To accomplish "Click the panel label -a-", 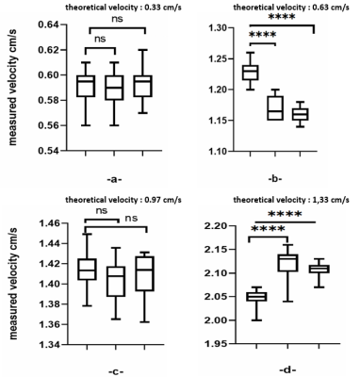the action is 114,180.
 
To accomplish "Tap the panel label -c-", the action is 116,371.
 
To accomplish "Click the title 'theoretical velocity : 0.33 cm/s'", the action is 123,8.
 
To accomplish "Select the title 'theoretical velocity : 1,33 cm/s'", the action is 291,200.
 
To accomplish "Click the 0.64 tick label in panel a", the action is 50,25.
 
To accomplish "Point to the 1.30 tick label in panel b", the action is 219,28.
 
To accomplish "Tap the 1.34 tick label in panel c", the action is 50,345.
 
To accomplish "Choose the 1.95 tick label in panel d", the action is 223,344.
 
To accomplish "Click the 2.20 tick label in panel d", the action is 223,226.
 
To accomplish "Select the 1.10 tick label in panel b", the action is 219,151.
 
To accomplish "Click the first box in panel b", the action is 251,73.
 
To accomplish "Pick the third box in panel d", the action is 319,269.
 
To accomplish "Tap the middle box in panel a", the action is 114,88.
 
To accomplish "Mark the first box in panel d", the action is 256,297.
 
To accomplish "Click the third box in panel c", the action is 145,273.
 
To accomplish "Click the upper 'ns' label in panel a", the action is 117,19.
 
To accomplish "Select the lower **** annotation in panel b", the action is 263,34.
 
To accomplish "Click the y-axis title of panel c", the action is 13,284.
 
